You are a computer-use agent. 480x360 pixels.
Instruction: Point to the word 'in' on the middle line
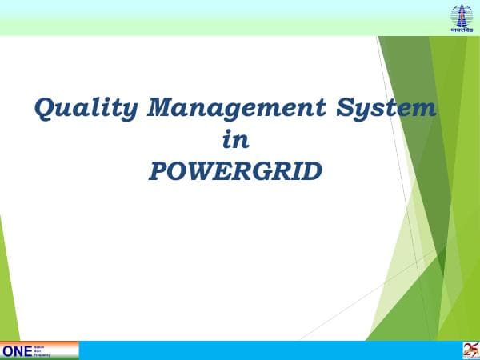coord(235,140)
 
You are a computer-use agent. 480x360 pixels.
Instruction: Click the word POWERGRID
coord(235,170)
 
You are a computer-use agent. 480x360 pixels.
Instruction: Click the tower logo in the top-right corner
coord(462,14)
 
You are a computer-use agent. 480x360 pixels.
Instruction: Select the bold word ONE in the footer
coord(16,350)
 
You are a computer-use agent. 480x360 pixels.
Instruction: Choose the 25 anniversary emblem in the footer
coord(469,350)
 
